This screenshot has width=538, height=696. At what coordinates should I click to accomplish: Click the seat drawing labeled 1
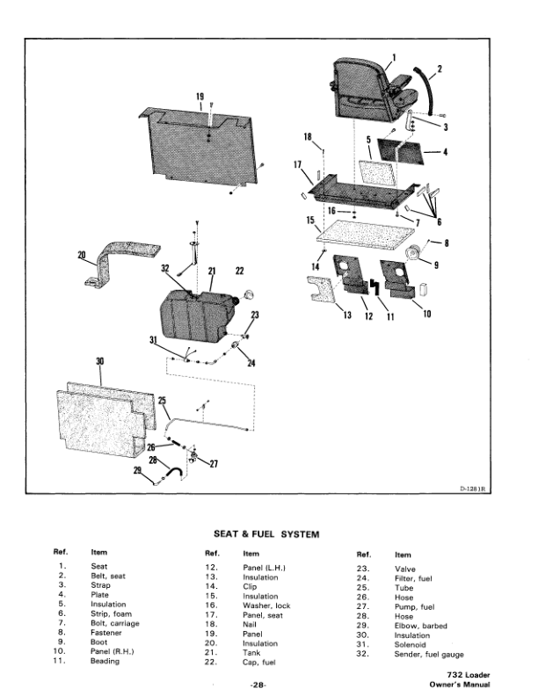pos(373,91)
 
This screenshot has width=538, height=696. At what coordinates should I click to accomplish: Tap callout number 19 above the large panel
pos(200,97)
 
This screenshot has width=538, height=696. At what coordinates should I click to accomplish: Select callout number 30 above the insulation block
pos(100,361)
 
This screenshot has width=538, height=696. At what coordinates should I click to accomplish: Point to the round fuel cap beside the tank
pos(248,294)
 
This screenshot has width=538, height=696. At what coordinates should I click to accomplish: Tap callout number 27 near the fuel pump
pos(214,464)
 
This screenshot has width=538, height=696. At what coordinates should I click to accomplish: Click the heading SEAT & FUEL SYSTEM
pos(266,534)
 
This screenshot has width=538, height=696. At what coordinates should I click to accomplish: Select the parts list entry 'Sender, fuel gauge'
pos(429,655)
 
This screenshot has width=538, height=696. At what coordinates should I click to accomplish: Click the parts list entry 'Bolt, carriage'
pos(114,623)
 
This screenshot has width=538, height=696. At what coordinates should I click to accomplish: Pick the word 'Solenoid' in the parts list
pos(410,644)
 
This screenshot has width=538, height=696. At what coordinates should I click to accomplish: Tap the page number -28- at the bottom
pos(258,685)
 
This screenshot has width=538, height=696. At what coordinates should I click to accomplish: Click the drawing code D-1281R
pos(472,489)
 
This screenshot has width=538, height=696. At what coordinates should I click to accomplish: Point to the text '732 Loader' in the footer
pos(469,675)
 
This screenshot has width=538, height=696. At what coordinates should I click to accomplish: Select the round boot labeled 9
pos(414,254)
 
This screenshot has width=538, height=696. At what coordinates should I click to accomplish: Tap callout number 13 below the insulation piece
pos(347,315)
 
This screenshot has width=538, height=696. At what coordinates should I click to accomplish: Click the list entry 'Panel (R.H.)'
pos(112,651)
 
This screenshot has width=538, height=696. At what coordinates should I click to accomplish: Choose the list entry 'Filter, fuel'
pos(413,578)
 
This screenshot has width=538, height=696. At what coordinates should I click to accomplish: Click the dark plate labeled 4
pos(401,151)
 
